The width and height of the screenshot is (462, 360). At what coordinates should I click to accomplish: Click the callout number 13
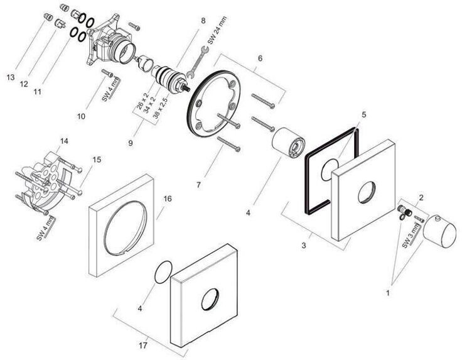[x=10, y=77]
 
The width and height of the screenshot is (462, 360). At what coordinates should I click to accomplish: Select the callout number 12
[x=24, y=84]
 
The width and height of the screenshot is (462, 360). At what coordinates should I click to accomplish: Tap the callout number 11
[x=38, y=92]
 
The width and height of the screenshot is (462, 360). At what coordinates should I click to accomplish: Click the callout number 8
[x=203, y=21]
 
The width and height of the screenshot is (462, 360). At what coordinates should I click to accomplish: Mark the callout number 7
[x=198, y=185]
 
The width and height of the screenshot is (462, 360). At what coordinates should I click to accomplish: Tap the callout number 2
[x=421, y=197]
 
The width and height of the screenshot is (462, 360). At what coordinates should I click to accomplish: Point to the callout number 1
[x=388, y=292]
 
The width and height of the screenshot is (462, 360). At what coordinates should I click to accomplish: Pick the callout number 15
[x=97, y=160]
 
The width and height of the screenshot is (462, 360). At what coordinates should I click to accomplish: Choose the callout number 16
[x=167, y=199]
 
